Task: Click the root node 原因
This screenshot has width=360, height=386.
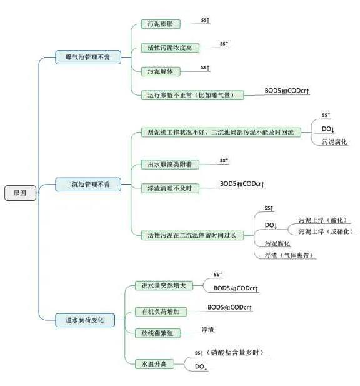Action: tap(20, 193)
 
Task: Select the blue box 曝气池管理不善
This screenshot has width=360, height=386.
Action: tap(88, 57)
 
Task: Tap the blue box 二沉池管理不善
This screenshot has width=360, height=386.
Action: tap(88, 184)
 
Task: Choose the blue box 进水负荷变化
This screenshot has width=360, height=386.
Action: tap(85, 320)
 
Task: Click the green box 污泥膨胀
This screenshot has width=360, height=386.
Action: tap(161, 24)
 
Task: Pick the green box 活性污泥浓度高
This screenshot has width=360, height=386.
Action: tap(170, 48)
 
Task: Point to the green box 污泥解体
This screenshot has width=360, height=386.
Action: tap(161, 71)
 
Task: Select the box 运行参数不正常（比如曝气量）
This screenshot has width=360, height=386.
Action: tap(192, 95)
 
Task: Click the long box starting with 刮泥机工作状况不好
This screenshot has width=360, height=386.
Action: tap(221, 132)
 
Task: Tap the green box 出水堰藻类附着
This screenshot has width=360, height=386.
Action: tap(170, 164)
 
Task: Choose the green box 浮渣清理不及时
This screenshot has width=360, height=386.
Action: tap(170, 188)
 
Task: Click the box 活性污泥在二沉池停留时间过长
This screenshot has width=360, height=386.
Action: tap(192, 235)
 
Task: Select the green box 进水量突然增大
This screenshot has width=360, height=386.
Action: tap(164, 285)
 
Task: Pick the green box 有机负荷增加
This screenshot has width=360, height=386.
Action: tap(161, 312)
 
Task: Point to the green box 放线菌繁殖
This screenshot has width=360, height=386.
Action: tap(157, 333)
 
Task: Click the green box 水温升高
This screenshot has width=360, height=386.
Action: tap(154, 364)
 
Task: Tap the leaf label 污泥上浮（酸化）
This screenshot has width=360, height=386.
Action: tap(323, 220)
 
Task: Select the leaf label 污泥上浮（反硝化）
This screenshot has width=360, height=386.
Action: tap(326, 231)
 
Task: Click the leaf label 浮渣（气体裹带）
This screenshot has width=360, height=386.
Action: tap(289, 255)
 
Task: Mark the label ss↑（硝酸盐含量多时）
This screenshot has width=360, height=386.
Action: tap(229, 352)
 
